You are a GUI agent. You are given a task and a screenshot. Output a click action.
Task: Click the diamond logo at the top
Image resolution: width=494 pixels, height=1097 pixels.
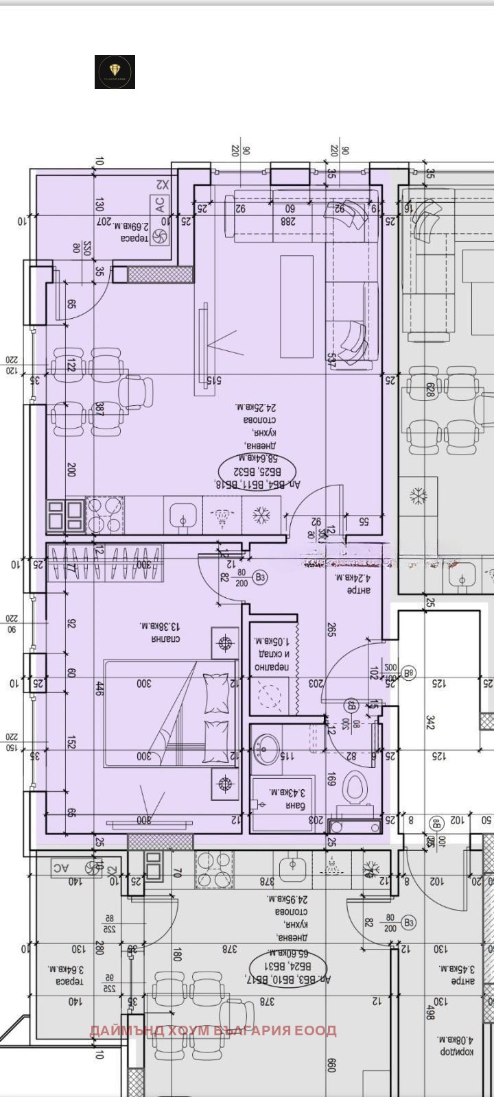(x=115, y=72)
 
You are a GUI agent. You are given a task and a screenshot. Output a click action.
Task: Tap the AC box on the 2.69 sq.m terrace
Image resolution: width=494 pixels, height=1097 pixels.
(x=159, y=204)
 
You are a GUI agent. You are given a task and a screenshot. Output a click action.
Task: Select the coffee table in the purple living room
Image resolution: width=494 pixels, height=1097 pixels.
(x=296, y=306)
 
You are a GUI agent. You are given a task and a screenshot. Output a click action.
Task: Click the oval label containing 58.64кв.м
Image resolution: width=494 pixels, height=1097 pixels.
(x=257, y=472)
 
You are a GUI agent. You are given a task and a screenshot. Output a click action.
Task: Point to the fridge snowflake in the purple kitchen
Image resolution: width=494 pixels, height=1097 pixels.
(x=261, y=515)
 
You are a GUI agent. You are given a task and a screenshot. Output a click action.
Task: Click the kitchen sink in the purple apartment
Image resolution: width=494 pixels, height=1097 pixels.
(x=183, y=514)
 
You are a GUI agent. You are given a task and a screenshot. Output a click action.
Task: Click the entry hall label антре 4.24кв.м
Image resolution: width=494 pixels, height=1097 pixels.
(x=356, y=582)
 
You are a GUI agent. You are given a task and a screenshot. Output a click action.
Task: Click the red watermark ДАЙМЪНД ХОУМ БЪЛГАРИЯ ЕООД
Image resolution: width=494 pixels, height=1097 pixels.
(x=213, y=1030)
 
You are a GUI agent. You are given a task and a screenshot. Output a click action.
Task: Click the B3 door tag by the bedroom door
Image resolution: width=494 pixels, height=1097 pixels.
(x=260, y=577)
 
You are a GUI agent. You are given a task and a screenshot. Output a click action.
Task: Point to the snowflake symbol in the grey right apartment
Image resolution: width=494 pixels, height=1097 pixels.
(x=418, y=495)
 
